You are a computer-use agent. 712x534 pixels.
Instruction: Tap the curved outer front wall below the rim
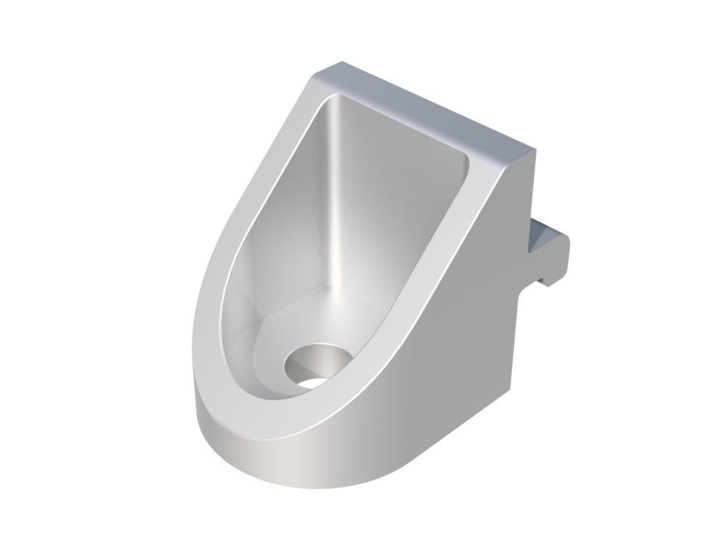tap(294, 456)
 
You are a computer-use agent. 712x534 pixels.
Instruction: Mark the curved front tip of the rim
tap(243, 412)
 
